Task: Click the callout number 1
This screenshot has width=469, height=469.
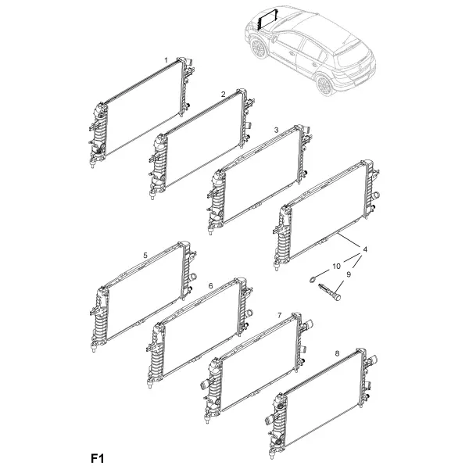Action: pos(166,60)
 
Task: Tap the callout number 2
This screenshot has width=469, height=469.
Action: pos(223,95)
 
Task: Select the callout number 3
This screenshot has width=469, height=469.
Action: pos(276,130)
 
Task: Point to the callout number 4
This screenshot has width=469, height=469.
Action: pos(365,249)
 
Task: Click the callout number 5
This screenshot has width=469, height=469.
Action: pos(145,255)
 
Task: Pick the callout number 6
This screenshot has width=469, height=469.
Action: pos(210,286)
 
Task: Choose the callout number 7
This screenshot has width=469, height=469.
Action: pos(279,315)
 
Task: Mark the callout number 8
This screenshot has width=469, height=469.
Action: pos(337,353)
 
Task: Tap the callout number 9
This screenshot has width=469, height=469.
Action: pos(349,274)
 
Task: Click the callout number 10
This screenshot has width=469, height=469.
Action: pos(336,266)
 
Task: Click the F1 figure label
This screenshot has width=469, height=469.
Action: pos(97,458)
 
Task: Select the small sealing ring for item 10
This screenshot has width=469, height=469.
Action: pos(313,280)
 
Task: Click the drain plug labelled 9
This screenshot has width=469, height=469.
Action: pos(330,292)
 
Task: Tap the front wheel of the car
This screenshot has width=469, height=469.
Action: pos(258,48)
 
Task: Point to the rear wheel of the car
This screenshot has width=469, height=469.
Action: pos(325,85)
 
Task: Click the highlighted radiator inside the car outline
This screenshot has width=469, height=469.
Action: pos(268,19)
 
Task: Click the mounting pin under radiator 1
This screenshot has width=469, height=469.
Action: pos(93,164)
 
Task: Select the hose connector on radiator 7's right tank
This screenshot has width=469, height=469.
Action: pos(308,324)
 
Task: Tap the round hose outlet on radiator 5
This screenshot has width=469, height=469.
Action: pos(193,276)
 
